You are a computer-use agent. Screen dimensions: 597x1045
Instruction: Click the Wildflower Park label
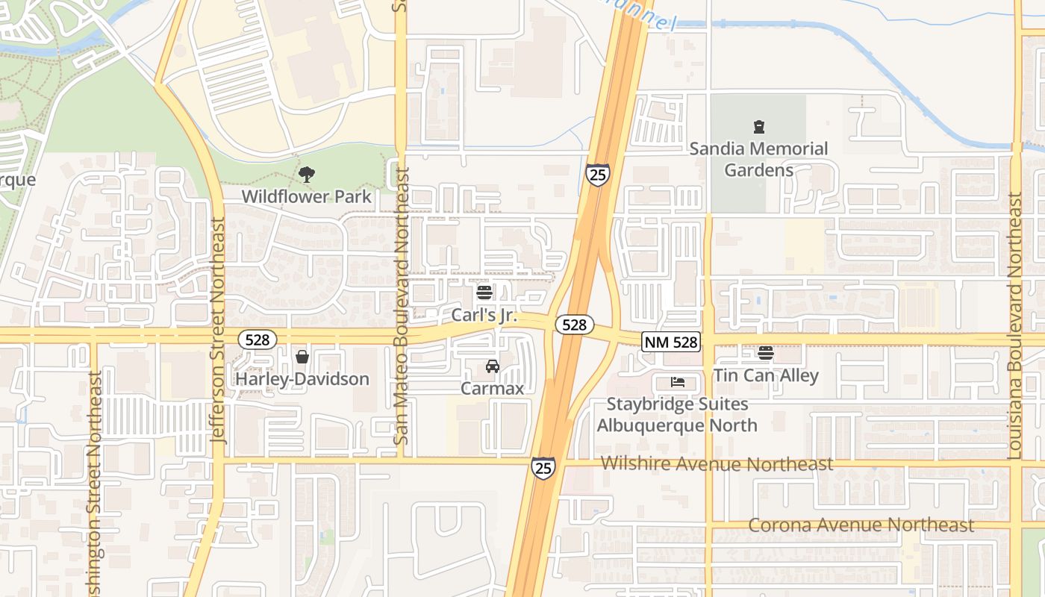306,197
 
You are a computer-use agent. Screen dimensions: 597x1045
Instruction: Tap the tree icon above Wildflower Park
306,175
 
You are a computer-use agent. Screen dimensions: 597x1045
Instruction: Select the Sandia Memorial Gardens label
758,159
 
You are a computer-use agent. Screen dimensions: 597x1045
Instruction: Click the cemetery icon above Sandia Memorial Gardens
759,127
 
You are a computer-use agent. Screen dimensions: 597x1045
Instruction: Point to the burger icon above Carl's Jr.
484,293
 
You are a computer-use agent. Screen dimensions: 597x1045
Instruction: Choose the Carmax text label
492,388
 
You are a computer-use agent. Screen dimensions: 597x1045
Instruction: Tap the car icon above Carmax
492,366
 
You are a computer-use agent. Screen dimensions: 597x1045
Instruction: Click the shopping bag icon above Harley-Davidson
302,357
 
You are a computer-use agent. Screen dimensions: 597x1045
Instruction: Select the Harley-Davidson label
302,379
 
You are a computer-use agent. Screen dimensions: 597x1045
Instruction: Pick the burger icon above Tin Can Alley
766,353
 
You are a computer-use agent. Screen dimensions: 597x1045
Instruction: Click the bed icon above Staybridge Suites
678,382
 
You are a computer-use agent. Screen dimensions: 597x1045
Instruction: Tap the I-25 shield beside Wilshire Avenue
543,468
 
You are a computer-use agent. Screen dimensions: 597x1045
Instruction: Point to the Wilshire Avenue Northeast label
717,464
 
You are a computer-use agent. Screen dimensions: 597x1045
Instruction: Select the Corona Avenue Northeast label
861,525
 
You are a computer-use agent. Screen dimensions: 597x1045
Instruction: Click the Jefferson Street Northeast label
218,330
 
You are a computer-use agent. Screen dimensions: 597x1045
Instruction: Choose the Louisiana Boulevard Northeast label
1014,325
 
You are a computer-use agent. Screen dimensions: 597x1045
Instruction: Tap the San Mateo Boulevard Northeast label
402,306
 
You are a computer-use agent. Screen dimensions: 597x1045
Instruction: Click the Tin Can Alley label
766,375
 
